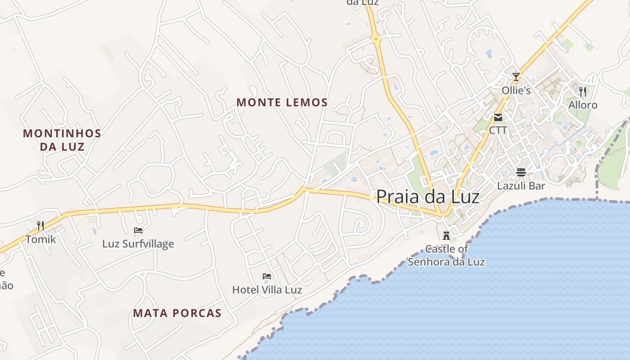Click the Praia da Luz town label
pyautogui.click(x=427, y=197)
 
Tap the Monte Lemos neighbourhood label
pyautogui.click(x=282, y=103)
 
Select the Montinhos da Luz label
pyautogui.click(x=62, y=139)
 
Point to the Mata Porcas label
pyautogui.click(x=177, y=313)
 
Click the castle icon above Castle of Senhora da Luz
pyautogui.click(x=446, y=235)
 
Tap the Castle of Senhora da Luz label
pyautogui.click(x=446, y=255)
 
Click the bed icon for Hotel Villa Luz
pyautogui.click(x=267, y=276)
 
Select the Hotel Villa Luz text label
pyautogui.click(x=267, y=290)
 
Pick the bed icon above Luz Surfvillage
pyautogui.click(x=138, y=230)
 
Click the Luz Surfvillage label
pyautogui.click(x=138, y=244)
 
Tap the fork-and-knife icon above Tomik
pyautogui.click(x=40, y=225)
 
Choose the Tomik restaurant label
pyautogui.click(x=40, y=239)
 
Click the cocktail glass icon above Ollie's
pyautogui.click(x=516, y=76)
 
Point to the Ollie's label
pyautogui.click(x=516, y=90)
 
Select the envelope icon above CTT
pyautogui.click(x=498, y=117)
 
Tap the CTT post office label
pyautogui.click(x=498, y=130)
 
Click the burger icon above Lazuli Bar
pyautogui.click(x=521, y=172)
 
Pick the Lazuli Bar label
pyautogui.click(x=521, y=186)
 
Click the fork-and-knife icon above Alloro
pyautogui.click(x=583, y=91)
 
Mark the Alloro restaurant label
pyautogui.click(x=583, y=105)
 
